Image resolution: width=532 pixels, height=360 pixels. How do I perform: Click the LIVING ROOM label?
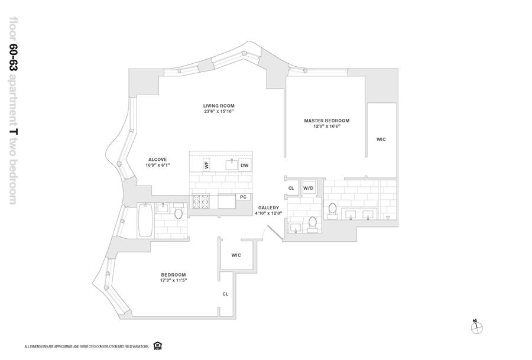pos(219,106)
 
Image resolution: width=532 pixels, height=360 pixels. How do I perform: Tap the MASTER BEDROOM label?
pos(326,121)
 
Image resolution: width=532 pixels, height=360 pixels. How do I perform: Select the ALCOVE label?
pos(158,159)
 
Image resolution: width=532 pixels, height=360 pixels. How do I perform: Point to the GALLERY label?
pos(268,208)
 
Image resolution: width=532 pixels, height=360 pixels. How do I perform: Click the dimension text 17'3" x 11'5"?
pos(173,280)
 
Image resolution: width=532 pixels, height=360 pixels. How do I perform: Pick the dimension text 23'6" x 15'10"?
pos(219,111)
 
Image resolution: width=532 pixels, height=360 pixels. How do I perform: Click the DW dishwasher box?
pos(244,166)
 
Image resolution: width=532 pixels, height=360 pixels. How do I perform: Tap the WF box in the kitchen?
pos(207,165)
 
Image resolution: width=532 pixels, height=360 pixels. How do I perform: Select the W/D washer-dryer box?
pos(308,188)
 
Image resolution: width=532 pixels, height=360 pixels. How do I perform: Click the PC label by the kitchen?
pos(242,196)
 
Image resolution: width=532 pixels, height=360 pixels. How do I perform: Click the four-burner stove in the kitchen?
pos(201,203)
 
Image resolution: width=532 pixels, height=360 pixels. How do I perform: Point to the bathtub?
pos(145,220)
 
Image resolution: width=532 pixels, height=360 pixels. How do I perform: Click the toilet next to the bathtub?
pos(179,210)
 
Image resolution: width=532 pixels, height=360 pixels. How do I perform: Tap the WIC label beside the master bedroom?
pos(381,140)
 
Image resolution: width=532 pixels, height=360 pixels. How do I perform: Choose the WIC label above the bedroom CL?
pos(236,255)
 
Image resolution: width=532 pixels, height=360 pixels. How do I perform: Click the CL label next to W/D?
pos(291,188)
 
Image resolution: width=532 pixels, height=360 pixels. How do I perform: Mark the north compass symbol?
pos(476,326)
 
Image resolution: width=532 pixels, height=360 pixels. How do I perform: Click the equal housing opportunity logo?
pos(157,345)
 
